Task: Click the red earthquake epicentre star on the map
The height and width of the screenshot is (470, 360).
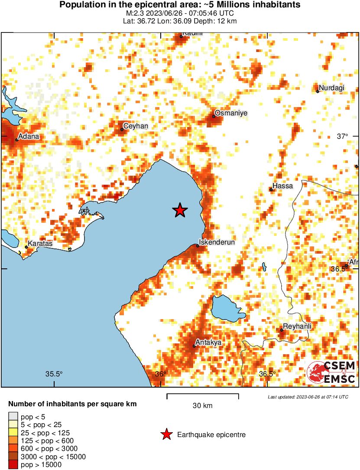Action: click(180, 210)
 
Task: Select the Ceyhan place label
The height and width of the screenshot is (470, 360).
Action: click(136, 126)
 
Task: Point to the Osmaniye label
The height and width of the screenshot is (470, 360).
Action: click(231, 113)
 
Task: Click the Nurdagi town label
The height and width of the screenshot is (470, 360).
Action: click(332, 88)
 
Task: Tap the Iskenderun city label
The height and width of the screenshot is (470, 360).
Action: click(217, 242)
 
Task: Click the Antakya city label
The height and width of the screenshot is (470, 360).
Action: click(208, 343)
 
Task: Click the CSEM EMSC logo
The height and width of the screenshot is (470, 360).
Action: click(331, 372)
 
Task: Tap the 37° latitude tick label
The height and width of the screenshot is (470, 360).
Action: click(342, 137)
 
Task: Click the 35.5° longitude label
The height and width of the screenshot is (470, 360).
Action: click(54, 374)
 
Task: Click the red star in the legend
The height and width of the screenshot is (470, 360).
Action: click(166, 435)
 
